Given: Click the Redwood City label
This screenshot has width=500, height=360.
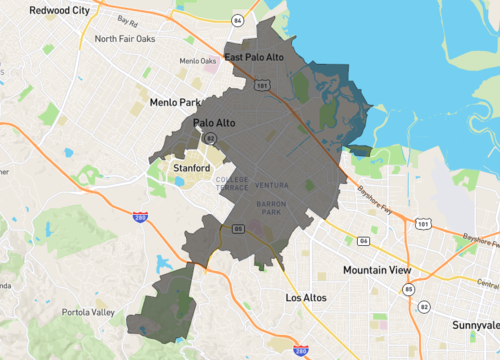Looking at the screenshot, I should click(59, 10).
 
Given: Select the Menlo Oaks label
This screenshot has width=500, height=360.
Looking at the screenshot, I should click(197, 61).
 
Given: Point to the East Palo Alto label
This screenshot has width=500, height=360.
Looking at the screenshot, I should click(257, 57).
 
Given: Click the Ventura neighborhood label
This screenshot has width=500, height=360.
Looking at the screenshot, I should click(271, 186).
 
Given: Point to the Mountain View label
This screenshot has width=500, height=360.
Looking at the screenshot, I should click(379, 271).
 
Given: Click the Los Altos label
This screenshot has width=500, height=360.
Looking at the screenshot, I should click(306, 298).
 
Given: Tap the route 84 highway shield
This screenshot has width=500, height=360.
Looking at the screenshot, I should click(237, 20).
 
